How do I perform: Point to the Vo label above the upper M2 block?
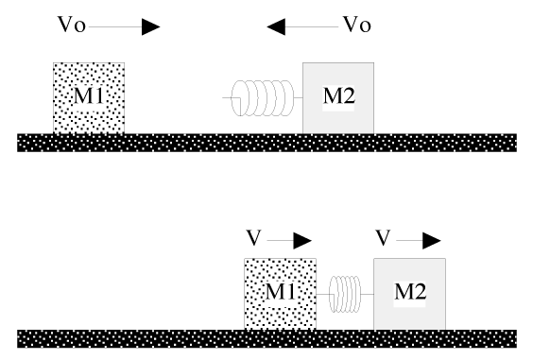pos(355,26)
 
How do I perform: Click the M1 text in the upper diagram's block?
pos(89,96)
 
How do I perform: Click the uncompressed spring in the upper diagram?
pos(259,97)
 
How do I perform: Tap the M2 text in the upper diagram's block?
pos(337,96)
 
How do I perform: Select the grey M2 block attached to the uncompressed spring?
pos(337,117)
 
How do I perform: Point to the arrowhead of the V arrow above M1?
pos(302,240)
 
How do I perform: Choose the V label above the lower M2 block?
pos(383,236)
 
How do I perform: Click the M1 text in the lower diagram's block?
pos(279,292)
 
